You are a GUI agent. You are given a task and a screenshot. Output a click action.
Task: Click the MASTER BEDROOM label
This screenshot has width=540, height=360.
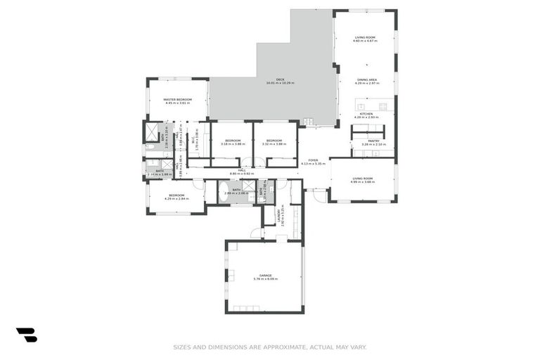pyautogui.click(x=178, y=100)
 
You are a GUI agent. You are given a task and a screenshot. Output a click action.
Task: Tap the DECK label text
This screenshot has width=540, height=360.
pyautogui.click(x=280, y=79)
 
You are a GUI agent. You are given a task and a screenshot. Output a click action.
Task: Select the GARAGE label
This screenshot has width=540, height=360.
pyautogui.click(x=265, y=275)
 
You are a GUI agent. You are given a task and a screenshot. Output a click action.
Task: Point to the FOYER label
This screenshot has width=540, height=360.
pyautogui.click(x=309, y=160)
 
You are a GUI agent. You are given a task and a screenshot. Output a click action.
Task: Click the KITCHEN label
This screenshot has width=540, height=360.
pyautogui.click(x=366, y=113)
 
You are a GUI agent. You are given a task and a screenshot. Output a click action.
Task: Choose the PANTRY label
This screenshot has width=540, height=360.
pyautogui.click(x=373, y=141)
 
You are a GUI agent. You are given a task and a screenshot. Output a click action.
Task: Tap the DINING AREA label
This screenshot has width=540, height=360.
pyautogui.click(x=366, y=80)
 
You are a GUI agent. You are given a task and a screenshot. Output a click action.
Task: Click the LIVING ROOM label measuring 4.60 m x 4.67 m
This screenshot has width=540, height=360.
pyautogui.click(x=365, y=37)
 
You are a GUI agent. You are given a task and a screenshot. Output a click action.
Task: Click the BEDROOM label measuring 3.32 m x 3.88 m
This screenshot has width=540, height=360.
pyautogui.click(x=274, y=141)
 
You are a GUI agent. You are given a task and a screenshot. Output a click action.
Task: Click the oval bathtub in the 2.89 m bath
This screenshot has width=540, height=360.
pyautogui.click(x=224, y=191)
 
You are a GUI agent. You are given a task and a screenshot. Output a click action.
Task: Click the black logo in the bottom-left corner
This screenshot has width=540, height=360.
pyautogui.click(x=26, y=335)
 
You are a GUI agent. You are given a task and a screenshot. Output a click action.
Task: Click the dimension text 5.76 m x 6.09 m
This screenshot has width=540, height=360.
pyautogui.click(x=265, y=279)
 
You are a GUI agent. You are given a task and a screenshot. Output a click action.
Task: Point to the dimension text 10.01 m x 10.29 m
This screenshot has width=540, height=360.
pyautogui.click(x=280, y=84)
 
